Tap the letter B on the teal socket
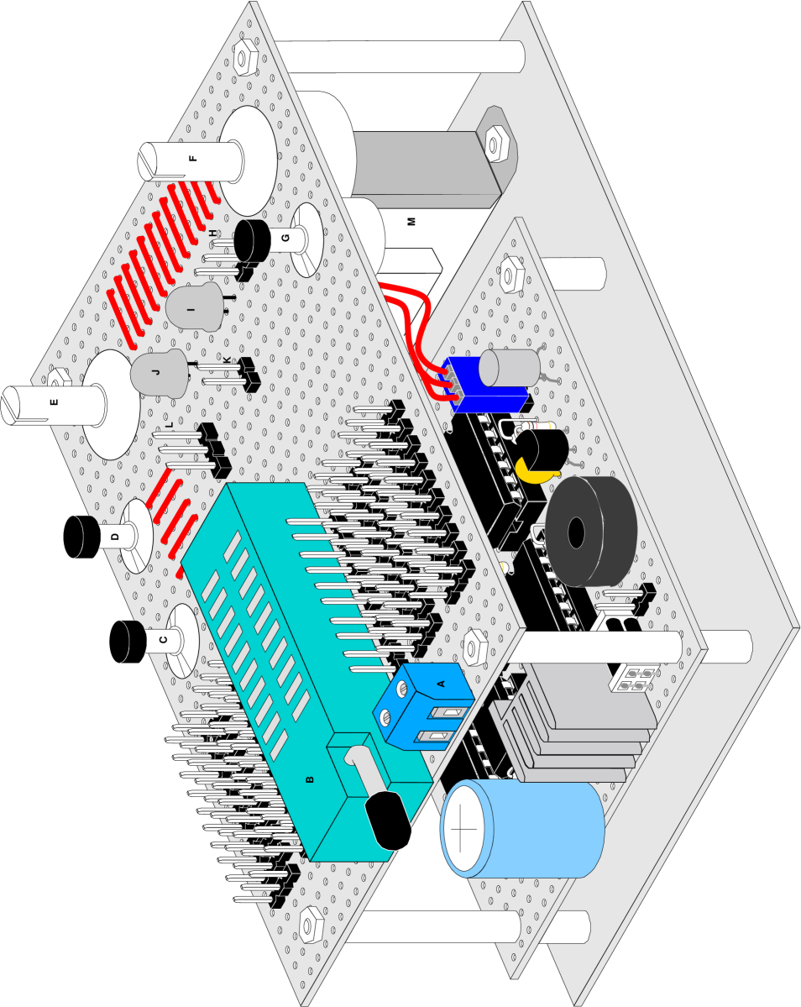[310, 780]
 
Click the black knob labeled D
[85, 536]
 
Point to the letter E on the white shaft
[54, 402]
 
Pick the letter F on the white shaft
[193, 158]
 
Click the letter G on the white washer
[285, 239]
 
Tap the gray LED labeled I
[192, 309]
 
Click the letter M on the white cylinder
[411, 222]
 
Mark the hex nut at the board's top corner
[244, 58]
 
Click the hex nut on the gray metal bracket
[495, 144]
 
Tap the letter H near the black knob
[213, 233]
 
